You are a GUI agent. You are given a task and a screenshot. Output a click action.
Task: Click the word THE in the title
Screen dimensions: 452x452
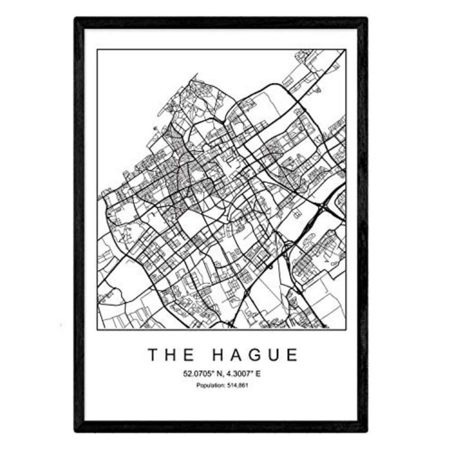tap(171, 355)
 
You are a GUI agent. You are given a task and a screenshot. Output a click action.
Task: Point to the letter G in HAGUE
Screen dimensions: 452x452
tap(255, 355)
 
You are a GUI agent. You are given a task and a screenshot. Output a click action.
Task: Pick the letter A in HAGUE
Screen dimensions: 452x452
tap(235, 355)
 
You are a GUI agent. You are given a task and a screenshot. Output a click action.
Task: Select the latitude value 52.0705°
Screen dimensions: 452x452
tap(197, 374)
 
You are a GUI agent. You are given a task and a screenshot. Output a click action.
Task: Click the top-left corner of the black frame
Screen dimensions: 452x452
tap(75, 18)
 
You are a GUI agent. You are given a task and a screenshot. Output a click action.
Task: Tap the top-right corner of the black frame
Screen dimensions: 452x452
tap(366, 18)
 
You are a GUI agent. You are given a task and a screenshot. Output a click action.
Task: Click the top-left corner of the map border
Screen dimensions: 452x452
tap(97, 49)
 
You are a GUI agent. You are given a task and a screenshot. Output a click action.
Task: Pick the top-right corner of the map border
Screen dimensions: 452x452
tap(346, 49)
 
